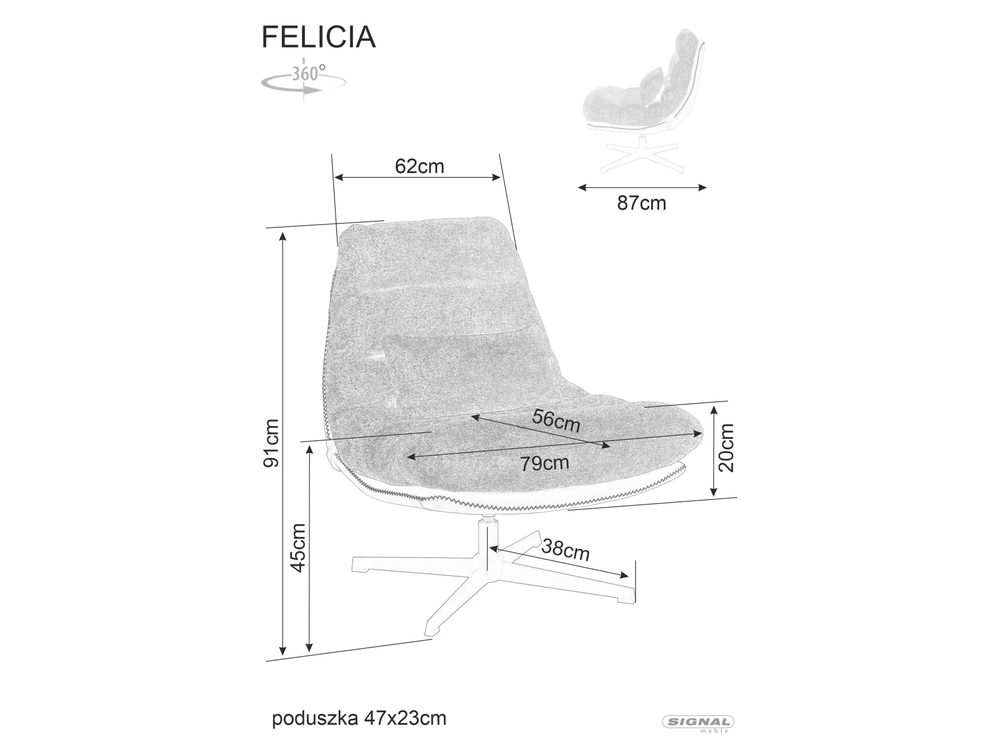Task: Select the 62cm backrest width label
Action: pos(419,167)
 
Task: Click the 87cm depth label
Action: pos(641,204)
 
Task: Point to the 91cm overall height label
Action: pos(271,443)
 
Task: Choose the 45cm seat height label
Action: pos(298,547)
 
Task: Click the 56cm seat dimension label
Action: pos(556,421)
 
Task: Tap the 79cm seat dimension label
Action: pos(544,463)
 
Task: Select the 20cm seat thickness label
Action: pos(726,448)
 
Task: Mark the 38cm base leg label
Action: pos(566,549)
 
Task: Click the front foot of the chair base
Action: pos(430,630)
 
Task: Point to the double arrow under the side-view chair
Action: pos(642,187)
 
